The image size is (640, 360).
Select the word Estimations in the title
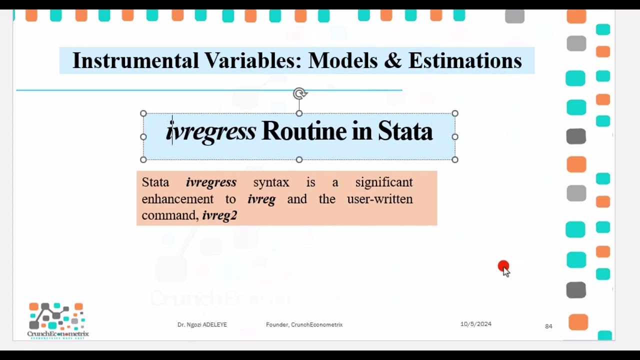point(465,61)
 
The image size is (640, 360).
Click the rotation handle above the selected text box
point(299,93)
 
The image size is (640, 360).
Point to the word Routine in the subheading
point(304,131)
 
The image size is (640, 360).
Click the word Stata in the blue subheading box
point(405,131)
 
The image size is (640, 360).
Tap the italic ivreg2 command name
point(219,215)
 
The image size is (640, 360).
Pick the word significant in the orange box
point(384,182)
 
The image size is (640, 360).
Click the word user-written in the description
point(379,199)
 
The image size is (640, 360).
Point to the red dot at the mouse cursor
point(503,266)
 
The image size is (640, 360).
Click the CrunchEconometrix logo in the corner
point(57,320)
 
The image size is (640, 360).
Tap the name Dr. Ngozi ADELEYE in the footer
point(202,325)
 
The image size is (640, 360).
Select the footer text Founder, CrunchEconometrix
point(304,325)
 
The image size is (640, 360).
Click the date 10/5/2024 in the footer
point(475,324)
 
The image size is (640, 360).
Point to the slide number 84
point(548,326)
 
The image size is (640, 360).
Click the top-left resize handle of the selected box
point(143,113)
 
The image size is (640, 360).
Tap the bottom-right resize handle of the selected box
point(455,159)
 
